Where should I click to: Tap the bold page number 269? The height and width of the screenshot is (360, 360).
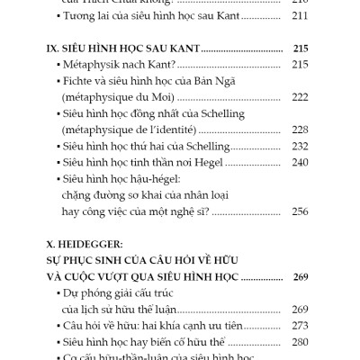click(x=300, y=275)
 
